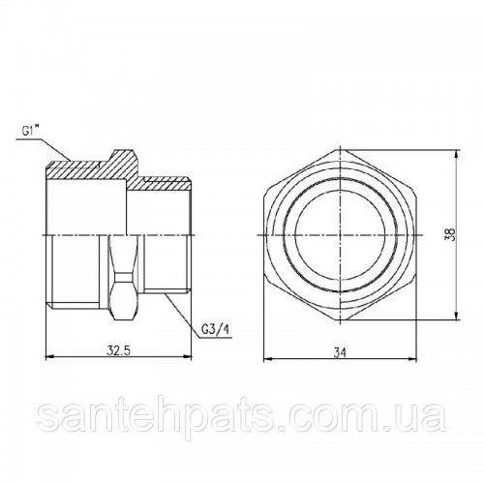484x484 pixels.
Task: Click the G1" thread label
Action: click(30, 132)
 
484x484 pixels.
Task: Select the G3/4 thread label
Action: click(215, 329)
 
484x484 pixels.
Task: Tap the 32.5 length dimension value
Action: click(118, 350)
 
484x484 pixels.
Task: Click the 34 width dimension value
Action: click(340, 353)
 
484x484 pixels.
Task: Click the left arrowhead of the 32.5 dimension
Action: click(50, 357)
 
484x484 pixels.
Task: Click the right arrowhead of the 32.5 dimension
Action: click(188, 357)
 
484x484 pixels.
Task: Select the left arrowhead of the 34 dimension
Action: click(268, 359)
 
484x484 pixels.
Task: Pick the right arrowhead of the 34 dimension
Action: click(412, 359)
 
